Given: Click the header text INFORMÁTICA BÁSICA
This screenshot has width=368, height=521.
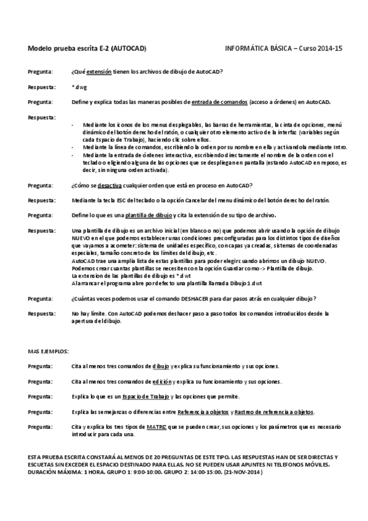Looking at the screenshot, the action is pos(257,48).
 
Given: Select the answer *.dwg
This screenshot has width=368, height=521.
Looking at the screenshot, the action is pos(79,87).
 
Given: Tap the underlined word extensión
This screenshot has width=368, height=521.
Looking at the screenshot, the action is pos(99,72).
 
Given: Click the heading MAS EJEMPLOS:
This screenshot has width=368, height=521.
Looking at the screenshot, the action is pos(49,351).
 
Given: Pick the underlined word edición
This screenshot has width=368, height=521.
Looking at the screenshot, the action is pos(162,382).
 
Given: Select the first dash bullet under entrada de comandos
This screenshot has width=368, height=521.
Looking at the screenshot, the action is pos(73,125).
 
